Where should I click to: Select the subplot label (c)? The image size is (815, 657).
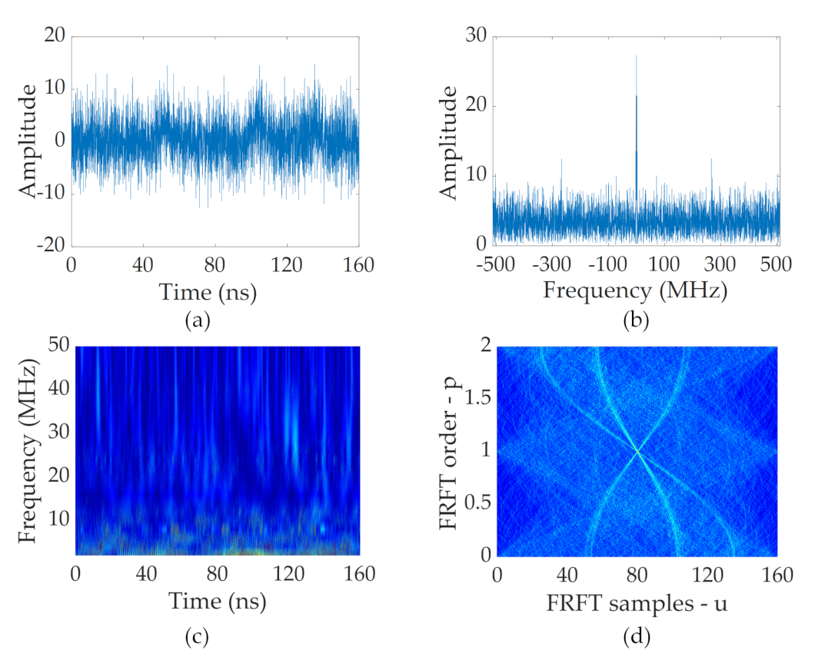click(x=198, y=635)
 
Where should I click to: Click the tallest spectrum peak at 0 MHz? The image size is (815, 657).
click(x=636, y=58)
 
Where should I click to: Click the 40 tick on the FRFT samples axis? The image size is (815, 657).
click(x=567, y=574)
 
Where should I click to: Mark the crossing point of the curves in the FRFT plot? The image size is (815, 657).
click(x=637, y=452)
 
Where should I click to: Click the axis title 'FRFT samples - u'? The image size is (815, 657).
click(x=637, y=604)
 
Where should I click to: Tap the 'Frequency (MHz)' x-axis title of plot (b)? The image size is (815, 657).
click(x=634, y=291)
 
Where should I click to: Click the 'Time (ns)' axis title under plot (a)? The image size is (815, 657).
click(x=208, y=291)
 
